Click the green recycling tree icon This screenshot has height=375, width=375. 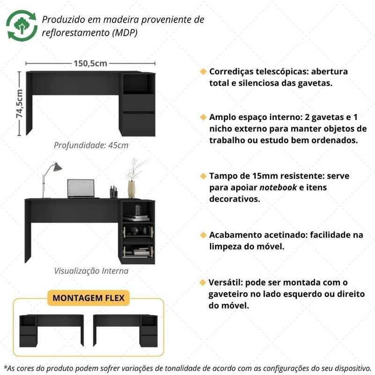(x=22, y=25)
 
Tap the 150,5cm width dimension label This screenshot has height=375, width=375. (x=90, y=63)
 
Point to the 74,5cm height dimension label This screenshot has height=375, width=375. (x=19, y=104)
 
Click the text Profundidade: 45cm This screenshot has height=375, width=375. (x=91, y=145)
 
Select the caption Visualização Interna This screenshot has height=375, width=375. (x=91, y=271)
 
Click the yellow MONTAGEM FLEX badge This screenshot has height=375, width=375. (x=89, y=298)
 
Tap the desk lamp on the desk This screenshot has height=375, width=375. (x=52, y=180)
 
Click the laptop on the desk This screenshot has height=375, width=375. (x=81, y=189)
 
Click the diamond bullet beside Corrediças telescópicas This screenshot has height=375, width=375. (x=203, y=72)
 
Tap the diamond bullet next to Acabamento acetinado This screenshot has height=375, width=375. (x=203, y=235)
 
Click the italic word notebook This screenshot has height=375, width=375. (x=278, y=187)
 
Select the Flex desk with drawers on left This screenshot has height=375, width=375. (x=52, y=331)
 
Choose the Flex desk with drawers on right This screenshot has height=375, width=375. (x=125, y=331)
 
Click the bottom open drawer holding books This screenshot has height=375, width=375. (x=138, y=251)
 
